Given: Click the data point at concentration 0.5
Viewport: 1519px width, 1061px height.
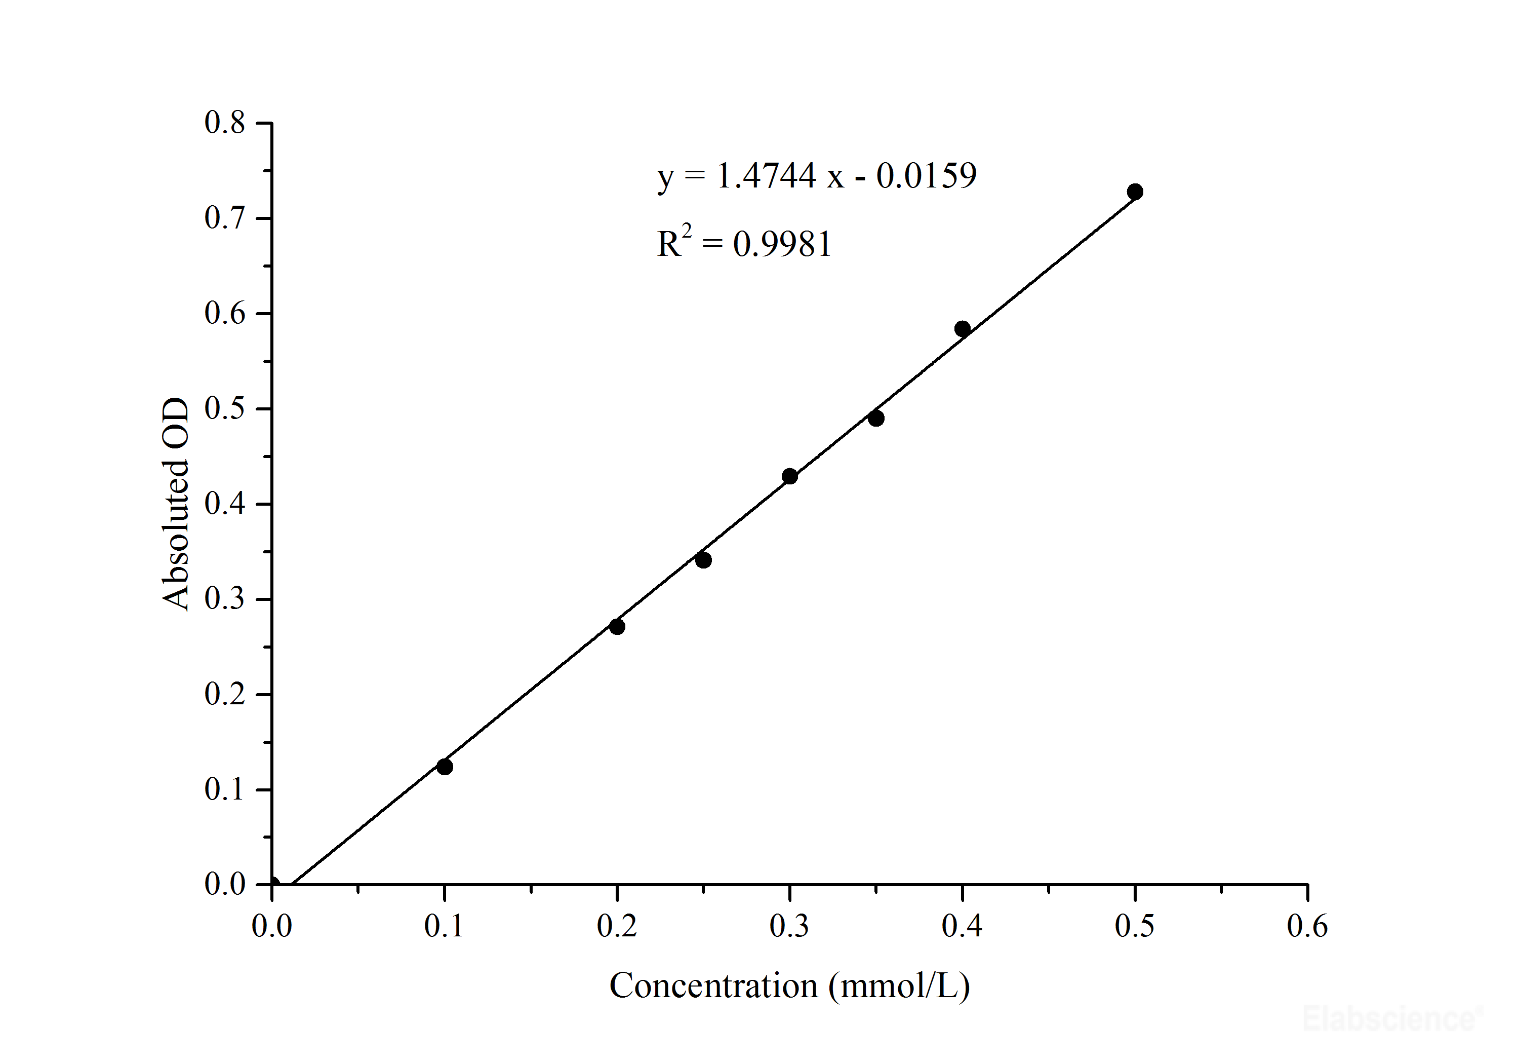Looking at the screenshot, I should [x=1135, y=192].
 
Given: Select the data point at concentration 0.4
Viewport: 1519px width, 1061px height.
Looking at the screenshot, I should [x=962, y=329].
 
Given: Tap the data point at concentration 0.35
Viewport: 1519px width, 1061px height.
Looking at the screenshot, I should [x=876, y=419].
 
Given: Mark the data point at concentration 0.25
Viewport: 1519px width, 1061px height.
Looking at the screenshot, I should [x=703, y=560].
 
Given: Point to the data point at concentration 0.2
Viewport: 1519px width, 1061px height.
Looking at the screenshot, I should [x=617, y=626].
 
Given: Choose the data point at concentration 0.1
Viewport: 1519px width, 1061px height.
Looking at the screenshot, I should [x=445, y=767].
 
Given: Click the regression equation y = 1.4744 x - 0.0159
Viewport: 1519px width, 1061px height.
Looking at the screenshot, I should [x=816, y=176].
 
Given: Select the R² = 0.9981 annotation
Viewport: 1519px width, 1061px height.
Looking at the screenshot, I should [x=744, y=244].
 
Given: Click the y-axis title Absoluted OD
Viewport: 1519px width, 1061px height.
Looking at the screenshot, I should [x=175, y=504].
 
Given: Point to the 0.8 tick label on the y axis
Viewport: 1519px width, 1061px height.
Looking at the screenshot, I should [x=225, y=123].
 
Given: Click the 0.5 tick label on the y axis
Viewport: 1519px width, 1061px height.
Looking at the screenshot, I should [x=225, y=409].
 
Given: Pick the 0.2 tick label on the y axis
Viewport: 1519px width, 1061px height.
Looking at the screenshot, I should [x=225, y=694].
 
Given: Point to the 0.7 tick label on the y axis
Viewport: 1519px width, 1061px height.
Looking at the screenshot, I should [x=225, y=218].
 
